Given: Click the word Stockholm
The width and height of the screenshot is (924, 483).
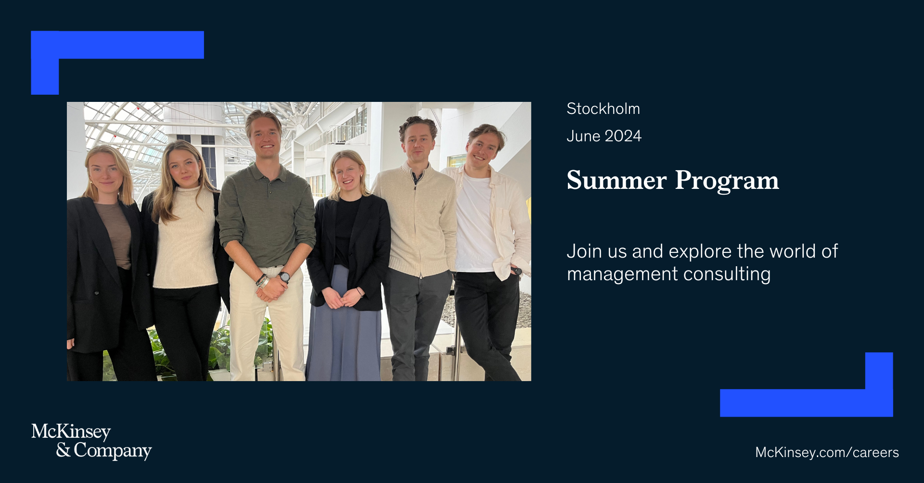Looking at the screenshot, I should point(603,109).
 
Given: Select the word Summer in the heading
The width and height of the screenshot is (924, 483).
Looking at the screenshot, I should point(616,181).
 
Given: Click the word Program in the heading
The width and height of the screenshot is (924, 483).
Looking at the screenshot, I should point(727,181).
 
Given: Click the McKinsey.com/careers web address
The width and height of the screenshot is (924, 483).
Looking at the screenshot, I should point(827,452).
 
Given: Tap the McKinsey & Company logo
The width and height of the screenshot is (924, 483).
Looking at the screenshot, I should point(91,441).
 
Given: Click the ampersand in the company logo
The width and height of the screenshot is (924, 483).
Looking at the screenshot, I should point(63,450).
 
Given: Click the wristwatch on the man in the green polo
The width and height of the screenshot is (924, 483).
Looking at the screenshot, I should point(284,277).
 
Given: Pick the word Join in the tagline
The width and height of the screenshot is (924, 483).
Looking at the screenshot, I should point(584,251).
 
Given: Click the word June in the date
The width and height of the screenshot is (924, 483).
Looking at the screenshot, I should point(583,136).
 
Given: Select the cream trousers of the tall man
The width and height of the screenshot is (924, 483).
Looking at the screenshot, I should point(266,327).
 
